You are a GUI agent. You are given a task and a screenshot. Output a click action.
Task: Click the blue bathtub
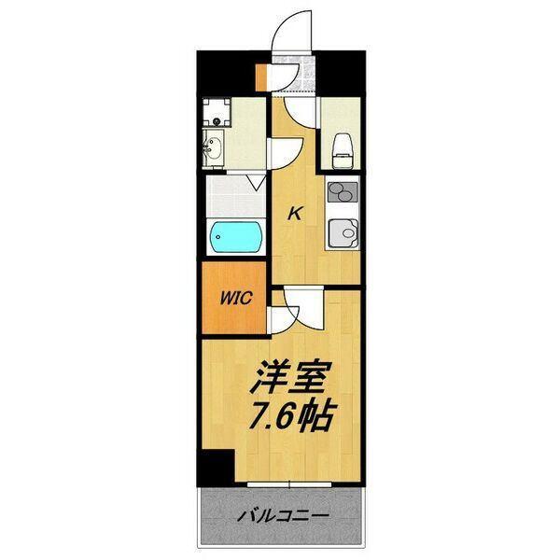coord(235,236)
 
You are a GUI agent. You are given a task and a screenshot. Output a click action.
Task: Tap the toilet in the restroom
coord(342,146)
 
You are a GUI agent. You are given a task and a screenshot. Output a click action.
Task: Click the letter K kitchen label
coord(294,214)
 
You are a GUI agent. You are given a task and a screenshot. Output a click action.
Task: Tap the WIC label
coord(233,301)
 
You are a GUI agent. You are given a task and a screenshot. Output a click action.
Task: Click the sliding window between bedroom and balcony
coord(289,483)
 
